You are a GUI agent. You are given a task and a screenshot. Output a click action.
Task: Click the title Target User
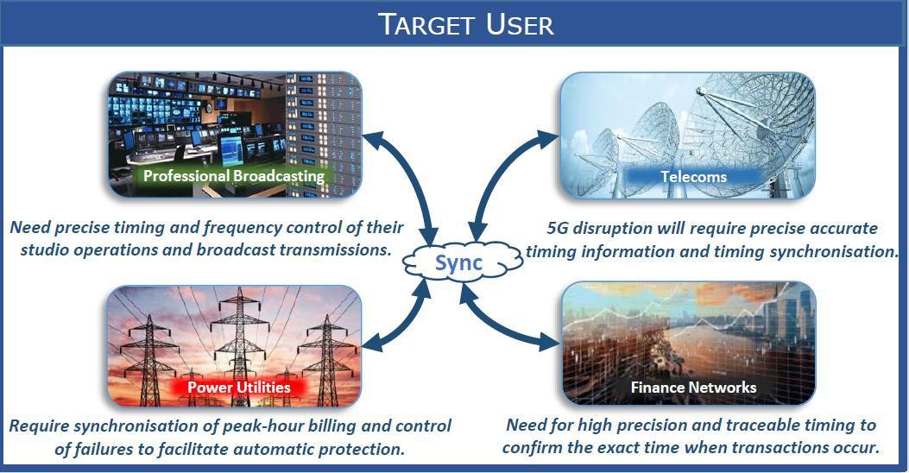tap(466, 24)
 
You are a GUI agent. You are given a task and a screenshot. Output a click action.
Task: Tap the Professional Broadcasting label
tap(234, 175)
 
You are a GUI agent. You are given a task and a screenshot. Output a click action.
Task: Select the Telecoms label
tap(693, 177)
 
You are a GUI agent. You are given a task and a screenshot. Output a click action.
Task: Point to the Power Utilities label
tap(239, 388)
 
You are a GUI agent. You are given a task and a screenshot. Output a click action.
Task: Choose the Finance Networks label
tap(693, 388)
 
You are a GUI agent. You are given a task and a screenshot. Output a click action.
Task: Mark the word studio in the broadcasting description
tap(44, 249)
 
